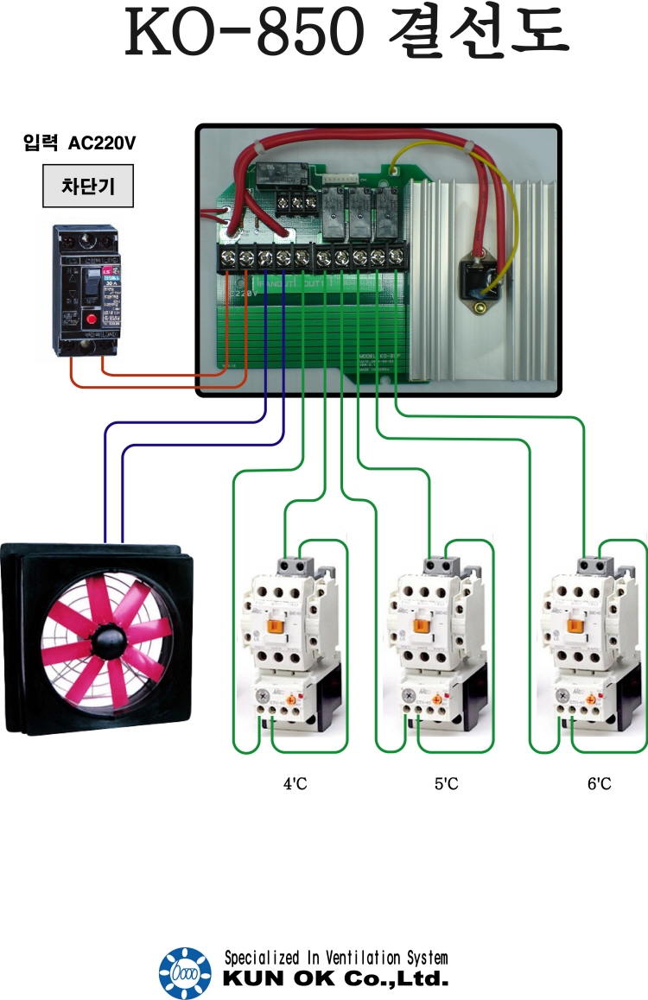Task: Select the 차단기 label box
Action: pos(88,187)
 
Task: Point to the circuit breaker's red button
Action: pos(90,320)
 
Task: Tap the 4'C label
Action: pos(295,784)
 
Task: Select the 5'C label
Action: pos(446,784)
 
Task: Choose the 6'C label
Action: pos(599,784)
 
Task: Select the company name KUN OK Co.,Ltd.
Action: pos(336,980)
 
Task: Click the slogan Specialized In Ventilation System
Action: pos(336,959)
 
